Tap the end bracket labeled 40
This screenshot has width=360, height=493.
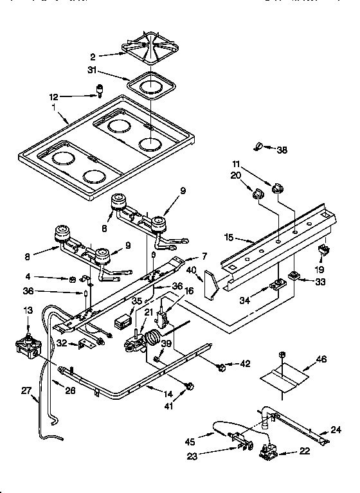point(210,283)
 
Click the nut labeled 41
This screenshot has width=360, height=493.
point(189,386)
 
